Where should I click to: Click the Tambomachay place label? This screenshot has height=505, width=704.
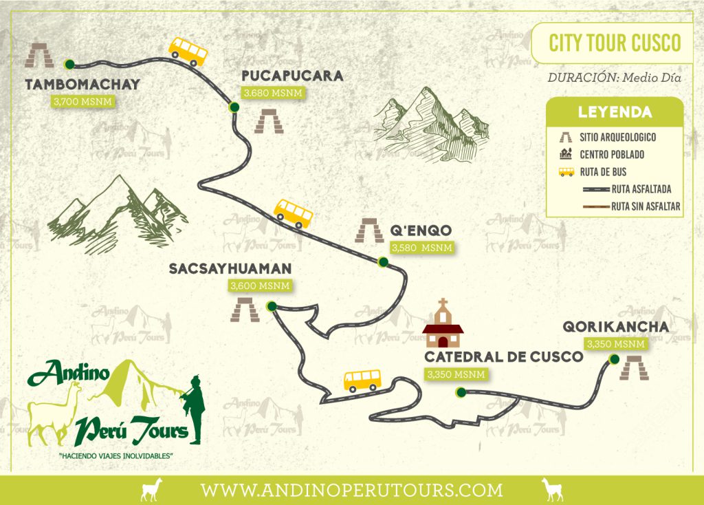82,85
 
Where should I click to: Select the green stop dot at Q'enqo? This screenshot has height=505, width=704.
383,261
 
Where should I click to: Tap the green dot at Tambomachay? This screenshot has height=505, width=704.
69,65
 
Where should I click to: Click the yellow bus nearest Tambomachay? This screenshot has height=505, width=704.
188,51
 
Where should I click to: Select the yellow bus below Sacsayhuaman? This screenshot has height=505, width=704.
362,379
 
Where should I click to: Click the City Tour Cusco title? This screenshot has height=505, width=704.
615,43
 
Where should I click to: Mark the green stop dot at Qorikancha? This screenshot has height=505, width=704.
614,359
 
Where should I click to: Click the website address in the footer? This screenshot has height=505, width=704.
351,491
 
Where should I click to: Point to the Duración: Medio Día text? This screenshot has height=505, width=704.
614,77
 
